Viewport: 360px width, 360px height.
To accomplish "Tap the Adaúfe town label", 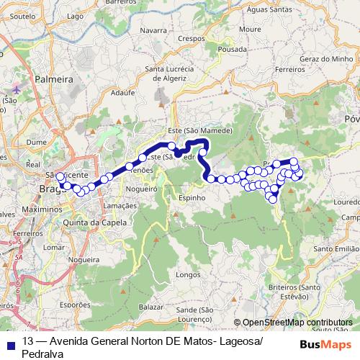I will (123, 93).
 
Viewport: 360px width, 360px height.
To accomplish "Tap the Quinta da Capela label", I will (95, 222).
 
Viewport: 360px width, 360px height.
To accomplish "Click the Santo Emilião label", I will (336, 248).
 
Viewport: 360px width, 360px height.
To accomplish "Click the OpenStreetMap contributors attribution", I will (297, 323).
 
